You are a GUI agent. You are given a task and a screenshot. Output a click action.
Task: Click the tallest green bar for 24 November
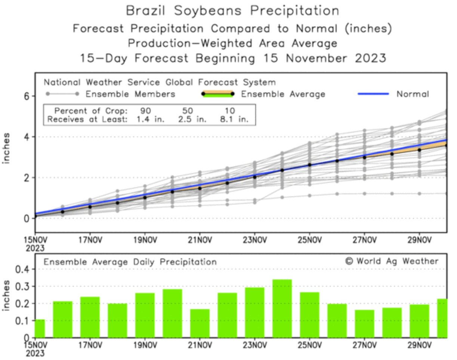(282, 308)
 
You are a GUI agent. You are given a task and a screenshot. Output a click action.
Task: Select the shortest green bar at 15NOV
(40, 328)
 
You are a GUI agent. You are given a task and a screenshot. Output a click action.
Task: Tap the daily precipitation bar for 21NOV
(200, 323)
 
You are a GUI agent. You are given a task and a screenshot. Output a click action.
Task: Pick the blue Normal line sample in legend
(373, 94)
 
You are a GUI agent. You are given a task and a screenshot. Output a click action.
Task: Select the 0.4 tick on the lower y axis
(21, 269)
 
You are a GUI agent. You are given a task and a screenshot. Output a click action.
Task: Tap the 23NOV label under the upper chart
(254, 240)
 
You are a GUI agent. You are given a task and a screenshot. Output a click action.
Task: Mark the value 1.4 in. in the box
(146, 120)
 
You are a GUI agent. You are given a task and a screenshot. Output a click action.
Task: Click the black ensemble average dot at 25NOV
(309, 165)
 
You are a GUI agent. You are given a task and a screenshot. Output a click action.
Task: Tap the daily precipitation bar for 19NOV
(145, 315)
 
